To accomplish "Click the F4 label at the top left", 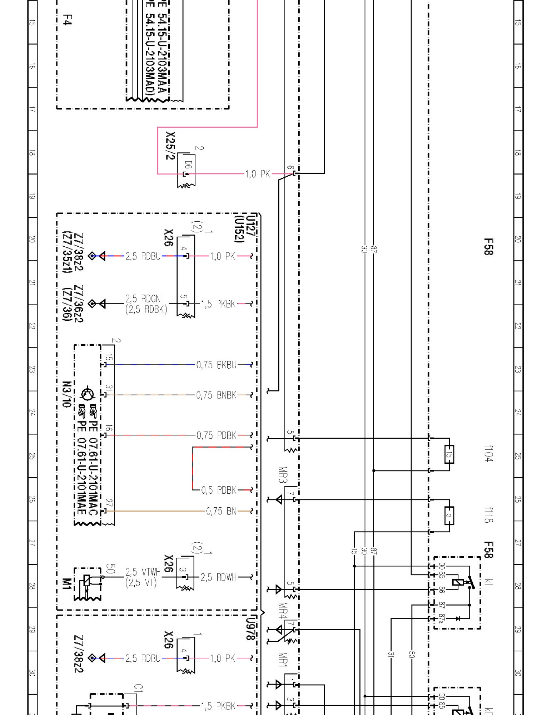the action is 67,20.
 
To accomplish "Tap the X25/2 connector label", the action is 170,146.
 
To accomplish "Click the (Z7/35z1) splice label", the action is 67,252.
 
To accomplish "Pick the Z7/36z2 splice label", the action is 78,304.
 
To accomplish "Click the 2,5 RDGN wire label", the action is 143,299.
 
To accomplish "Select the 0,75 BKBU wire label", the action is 216,365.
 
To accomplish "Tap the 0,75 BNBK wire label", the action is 216,395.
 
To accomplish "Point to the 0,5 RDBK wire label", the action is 219,490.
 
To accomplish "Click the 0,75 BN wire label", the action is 221,511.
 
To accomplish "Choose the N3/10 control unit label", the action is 67,394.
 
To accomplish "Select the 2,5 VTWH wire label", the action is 143,572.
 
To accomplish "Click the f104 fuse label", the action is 488,453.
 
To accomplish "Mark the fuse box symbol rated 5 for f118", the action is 449,516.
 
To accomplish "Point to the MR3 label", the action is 283,474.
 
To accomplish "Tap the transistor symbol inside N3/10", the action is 88,394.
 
